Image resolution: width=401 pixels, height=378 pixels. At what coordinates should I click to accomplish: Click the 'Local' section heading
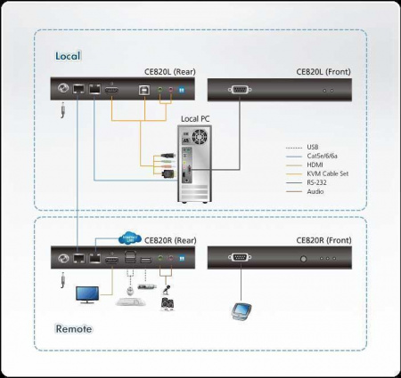click(x=68, y=55)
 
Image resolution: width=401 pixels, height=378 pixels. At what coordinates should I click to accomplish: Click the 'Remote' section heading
click(x=74, y=329)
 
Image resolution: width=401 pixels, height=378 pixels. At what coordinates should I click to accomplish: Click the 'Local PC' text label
click(x=196, y=118)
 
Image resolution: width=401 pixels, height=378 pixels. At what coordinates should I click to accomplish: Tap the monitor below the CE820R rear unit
click(x=89, y=294)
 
